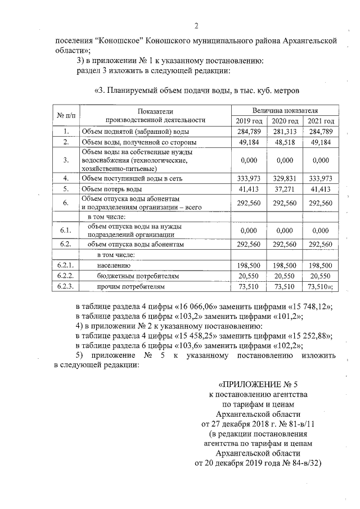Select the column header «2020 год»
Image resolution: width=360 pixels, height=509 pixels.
(285, 121)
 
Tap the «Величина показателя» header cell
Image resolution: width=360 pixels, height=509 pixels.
(285, 110)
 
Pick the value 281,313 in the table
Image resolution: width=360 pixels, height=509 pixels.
(285, 132)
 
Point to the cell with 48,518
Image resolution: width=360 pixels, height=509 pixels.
(285, 142)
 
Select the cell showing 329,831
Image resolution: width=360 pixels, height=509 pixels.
(285, 178)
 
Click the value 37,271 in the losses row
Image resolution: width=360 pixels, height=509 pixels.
(285, 189)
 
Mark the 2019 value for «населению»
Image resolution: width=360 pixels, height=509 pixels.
(248, 265)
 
